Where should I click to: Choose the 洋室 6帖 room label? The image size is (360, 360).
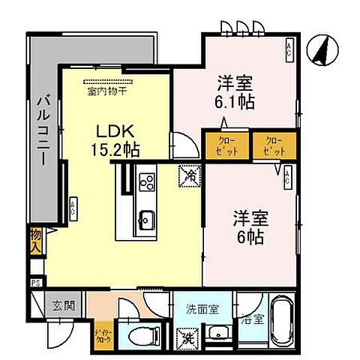pos(246,229)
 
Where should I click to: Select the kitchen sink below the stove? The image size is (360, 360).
pos(146,220)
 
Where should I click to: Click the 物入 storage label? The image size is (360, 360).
pos(35,241)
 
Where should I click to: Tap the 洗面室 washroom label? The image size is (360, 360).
pos(202,306)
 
